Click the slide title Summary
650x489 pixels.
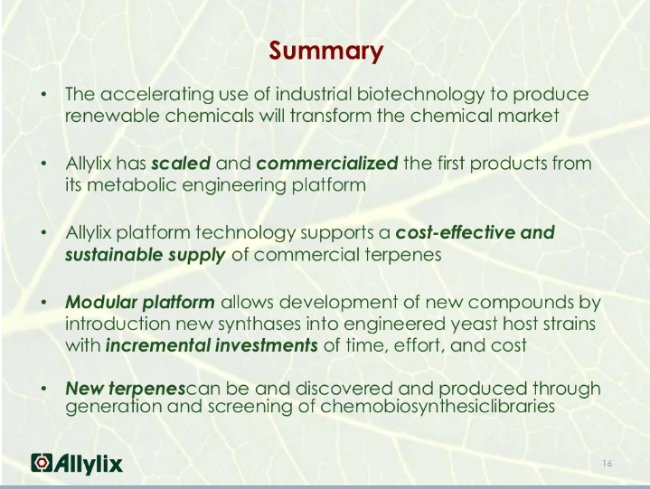325,51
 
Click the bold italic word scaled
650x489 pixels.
180,164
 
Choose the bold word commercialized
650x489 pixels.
327,164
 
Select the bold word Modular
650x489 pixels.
101,301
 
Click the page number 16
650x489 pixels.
607,464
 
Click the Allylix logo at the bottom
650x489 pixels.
77,464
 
